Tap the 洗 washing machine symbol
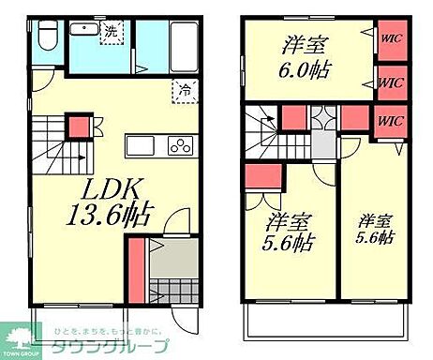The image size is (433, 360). tap(111, 31)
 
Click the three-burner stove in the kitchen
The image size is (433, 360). tap(179, 146)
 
